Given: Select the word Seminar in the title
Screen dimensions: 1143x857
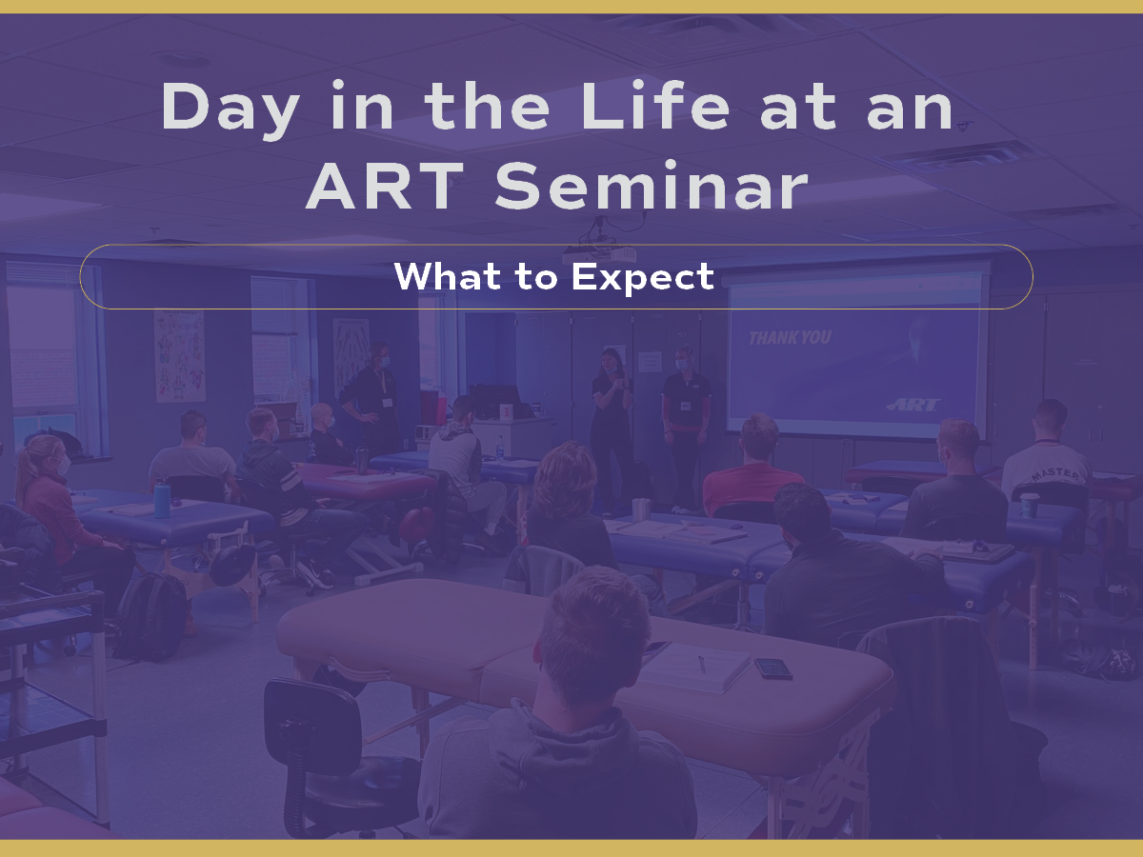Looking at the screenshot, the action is (x=652, y=186).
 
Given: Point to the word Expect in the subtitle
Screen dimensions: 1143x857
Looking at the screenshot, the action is (x=643, y=278).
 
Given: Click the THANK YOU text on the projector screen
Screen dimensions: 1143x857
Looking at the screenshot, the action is (x=790, y=338).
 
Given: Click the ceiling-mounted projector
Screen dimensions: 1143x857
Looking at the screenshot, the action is (x=599, y=253).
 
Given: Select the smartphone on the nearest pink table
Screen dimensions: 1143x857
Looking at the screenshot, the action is (x=773, y=668).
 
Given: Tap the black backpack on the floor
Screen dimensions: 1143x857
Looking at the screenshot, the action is (x=150, y=616).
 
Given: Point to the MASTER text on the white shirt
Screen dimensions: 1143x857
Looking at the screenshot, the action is (x=1055, y=474).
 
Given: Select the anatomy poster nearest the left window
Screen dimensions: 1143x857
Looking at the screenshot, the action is (x=180, y=356).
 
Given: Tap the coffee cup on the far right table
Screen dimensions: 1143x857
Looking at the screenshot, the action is (x=1030, y=506).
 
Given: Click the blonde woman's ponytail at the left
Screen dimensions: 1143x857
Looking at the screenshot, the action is (x=25, y=471).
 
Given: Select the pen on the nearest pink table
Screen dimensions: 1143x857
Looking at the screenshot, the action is (x=702, y=664).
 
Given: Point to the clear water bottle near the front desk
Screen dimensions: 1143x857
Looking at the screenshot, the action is (x=500, y=448).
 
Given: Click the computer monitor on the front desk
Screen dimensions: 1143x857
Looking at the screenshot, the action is (x=494, y=401).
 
